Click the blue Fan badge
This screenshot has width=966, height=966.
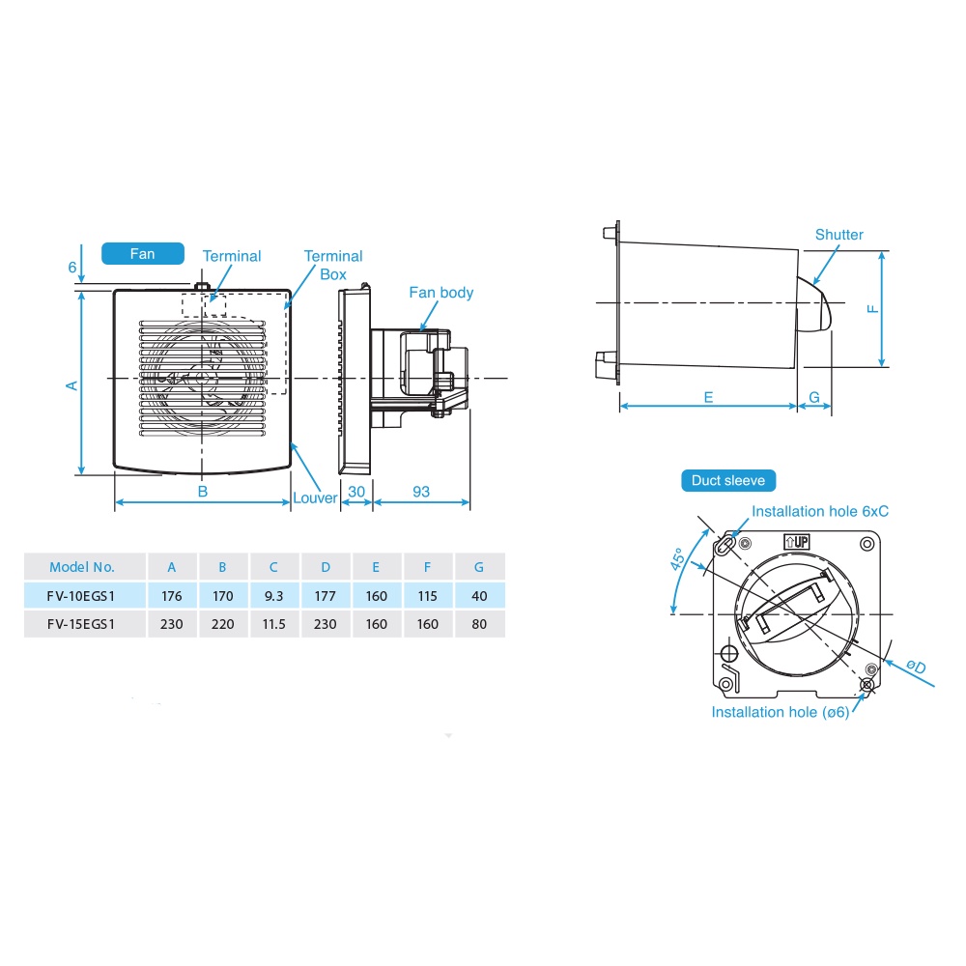coord(142,254)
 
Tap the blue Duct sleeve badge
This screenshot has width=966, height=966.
coord(728,480)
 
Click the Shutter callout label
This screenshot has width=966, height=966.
coord(839,235)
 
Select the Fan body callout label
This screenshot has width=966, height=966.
coord(441,293)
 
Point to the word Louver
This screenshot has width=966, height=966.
coord(315,497)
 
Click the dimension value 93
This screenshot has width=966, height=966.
coord(421,492)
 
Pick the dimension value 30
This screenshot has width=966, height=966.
coord(356,492)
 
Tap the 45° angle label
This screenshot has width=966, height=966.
coord(677,558)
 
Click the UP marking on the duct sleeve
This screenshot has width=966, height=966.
coord(797,542)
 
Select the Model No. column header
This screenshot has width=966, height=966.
coord(82,567)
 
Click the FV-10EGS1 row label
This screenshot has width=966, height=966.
coord(81,596)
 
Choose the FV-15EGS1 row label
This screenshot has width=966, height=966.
coord(81,624)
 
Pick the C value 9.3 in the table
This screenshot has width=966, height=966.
coord(273,596)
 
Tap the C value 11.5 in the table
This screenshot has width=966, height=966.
coord(273,624)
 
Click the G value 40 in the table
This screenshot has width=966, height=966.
coord(479,596)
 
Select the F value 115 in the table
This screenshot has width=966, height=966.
coord(427,596)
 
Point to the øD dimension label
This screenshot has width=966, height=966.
coord(916,666)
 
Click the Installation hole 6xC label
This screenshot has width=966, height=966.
coord(820,511)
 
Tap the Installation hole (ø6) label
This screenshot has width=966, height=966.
coord(781,712)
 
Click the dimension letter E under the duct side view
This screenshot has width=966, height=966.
coord(708,397)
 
